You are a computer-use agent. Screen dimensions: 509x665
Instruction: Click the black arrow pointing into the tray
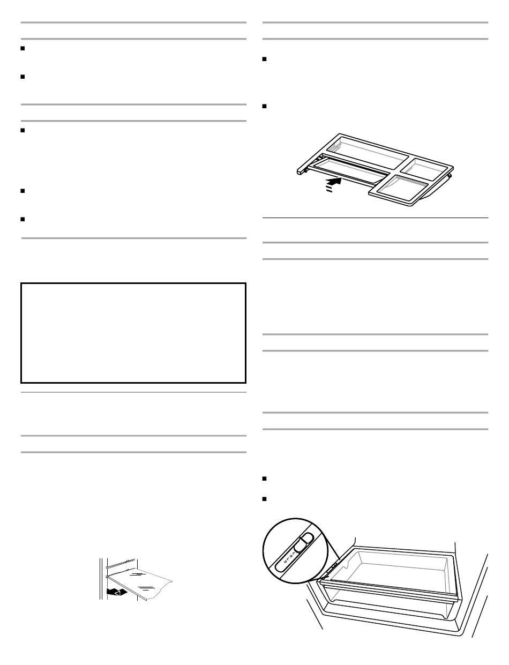point(333,183)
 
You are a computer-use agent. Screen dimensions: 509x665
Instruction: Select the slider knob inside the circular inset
point(304,542)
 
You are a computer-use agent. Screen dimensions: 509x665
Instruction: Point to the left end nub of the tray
point(299,171)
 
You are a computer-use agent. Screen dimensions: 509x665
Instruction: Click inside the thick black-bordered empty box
point(133,333)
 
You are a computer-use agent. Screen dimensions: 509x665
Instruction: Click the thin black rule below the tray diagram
point(375,218)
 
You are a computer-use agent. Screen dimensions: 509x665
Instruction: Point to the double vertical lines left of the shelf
point(100,579)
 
